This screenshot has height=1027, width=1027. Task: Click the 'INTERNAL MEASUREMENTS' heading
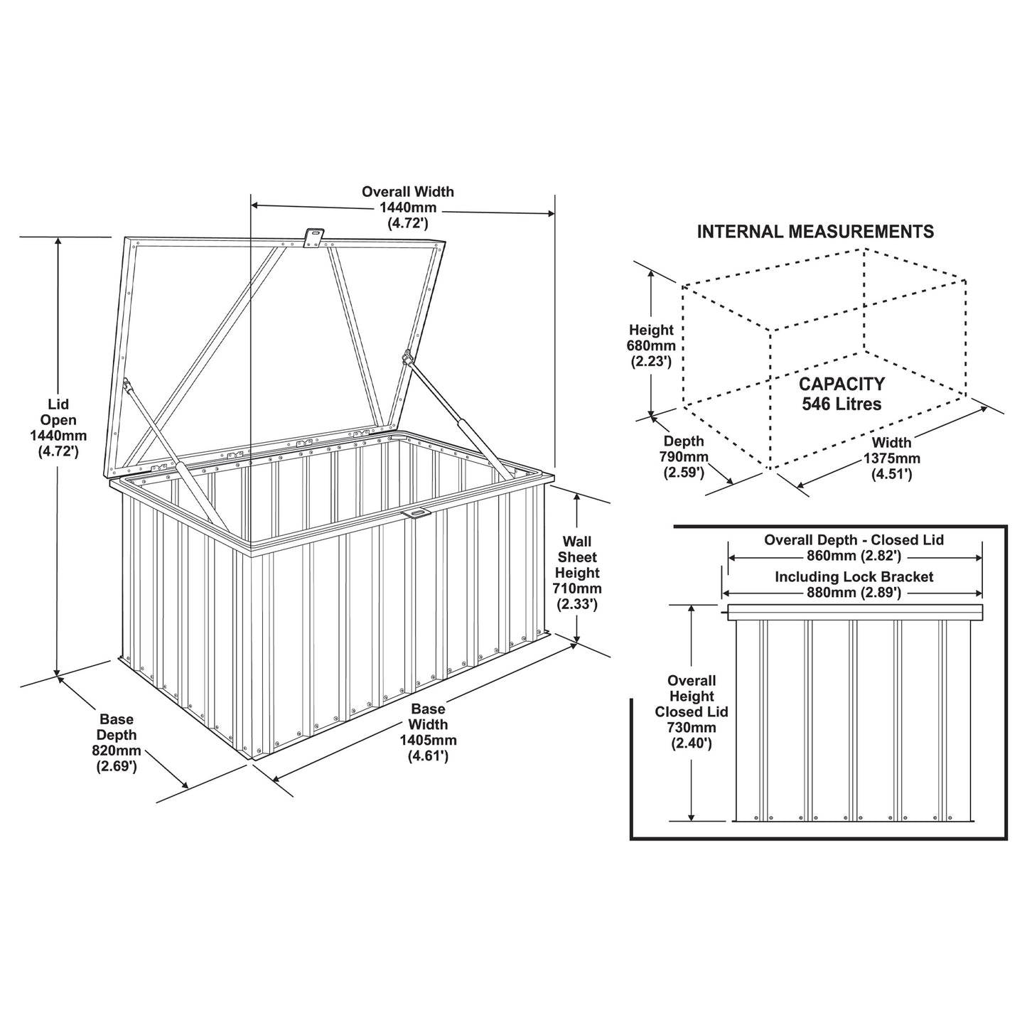pyautogui.click(x=815, y=232)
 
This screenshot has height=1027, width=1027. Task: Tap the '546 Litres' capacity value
pyautogui.click(x=842, y=404)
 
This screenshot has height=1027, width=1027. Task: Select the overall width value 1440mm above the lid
pyautogui.click(x=408, y=207)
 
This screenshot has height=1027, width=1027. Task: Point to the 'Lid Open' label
pyautogui.click(x=58, y=412)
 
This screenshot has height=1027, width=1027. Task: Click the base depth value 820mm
pyautogui.click(x=117, y=751)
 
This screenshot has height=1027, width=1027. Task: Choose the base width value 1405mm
pyautogui.click(x=429, y=741)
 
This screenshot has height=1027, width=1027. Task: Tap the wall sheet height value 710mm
pyautogui.click(x=578, y=589)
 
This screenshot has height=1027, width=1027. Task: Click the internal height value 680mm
pyautogui.click(x=651, y=346)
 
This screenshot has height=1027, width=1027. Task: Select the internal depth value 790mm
pyautogui.click(x=684, y=457)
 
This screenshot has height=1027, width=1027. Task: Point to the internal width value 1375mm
pyautogui.click(x=892, y=458)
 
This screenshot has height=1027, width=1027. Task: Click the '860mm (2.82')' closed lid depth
pyautogui.click(x=854, y=556)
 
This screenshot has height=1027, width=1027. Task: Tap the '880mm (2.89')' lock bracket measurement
pyautogui.click(x=854, y=593)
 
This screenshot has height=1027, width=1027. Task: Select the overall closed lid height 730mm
pyautogui.click(x=692, y=728)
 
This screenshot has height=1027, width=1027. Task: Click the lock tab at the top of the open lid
pyautogui.click(x=314, y=237)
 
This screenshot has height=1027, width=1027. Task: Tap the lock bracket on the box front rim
pyautogui.click(x=419, y=512)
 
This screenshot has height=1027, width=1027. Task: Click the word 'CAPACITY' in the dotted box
pyautogui.click(x=842, y=384)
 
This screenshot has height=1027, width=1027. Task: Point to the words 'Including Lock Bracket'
pyautogui.click(x=854, y=577)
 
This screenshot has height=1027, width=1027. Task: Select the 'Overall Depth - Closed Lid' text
pyautogui.click(x=854, y=540)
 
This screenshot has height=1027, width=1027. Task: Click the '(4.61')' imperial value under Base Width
pyautogui.click(x=429, y=756)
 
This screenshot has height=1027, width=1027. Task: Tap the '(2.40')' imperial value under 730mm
pyautogui.click(x=692, y=743)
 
